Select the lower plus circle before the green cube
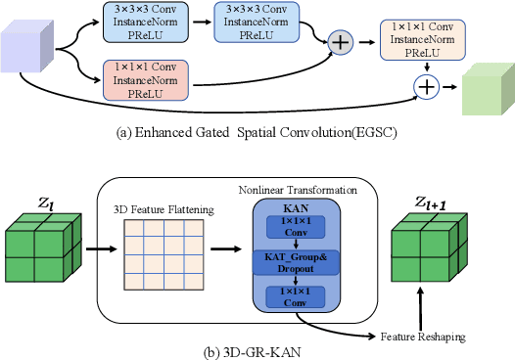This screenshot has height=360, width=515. pyautogui.click(x=427, y=87)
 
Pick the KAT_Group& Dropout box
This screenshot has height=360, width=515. pyautogui.click(x=295, y=260)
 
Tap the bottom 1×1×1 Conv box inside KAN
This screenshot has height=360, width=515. pyautogui.click(x=295, y=295)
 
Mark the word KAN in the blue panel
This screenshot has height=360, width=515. pyautogui.click(x=295, y=208)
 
